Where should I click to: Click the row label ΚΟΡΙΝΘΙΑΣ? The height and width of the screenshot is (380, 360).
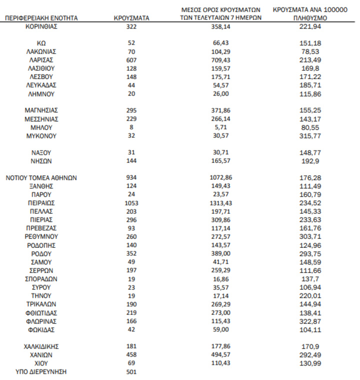[41, 26]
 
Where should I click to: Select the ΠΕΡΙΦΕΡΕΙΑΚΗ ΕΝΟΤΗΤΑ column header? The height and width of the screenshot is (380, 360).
[41, 18]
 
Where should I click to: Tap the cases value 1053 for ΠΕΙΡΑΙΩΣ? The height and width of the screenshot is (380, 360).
[131, 203]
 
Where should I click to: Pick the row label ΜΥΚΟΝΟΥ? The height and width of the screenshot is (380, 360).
[41, 136]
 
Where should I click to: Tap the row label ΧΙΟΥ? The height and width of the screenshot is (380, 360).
[41, 362]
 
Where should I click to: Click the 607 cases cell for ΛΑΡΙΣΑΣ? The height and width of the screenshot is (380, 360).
[131, 60]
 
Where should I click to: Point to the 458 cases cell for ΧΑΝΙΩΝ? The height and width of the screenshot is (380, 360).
[131, 354]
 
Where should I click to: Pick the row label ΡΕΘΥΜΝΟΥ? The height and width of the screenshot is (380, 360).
[41, 236]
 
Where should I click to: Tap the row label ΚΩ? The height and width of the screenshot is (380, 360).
[41, 43]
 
